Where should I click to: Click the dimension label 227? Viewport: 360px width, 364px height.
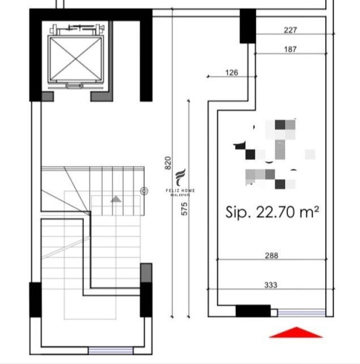[290, 30]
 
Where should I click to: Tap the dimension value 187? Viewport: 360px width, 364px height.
[290, 49]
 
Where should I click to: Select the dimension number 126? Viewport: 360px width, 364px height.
[232, 73]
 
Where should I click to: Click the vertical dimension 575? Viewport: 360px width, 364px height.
[185, 209]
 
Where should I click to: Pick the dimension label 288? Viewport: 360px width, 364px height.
[272, 255]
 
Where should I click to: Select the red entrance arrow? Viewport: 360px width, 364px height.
[296, 333]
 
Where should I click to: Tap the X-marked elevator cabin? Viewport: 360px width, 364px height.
[75, 57]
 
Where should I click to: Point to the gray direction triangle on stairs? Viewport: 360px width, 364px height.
[116, 199]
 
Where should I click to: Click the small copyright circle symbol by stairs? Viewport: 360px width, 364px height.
[144, 191]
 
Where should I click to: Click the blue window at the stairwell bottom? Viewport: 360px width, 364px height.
[110, 351]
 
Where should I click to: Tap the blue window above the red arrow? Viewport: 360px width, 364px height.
[301, 312]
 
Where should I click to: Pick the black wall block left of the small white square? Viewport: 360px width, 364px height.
[253, 311]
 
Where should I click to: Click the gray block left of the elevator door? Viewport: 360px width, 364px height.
[47, 96]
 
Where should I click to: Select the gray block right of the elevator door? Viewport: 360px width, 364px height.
[101, 96]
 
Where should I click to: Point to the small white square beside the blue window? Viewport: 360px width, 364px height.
[274, 312]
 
